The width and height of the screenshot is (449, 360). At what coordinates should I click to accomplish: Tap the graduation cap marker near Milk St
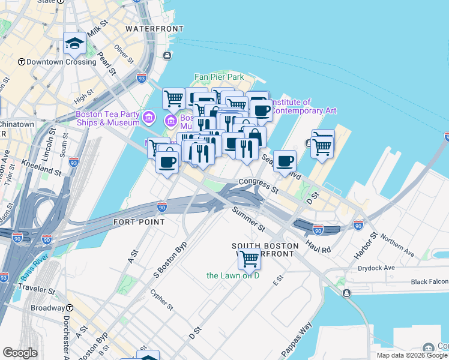74,44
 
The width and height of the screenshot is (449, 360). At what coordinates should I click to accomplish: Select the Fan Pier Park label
219,77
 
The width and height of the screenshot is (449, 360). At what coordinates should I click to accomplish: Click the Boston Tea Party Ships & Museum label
107,119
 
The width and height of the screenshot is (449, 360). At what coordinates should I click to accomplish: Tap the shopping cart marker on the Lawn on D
249,260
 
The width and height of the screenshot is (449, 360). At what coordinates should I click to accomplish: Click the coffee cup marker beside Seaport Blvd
285,161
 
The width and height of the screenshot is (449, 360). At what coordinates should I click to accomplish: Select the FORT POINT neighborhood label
139,222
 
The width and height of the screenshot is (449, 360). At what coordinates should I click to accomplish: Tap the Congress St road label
259,185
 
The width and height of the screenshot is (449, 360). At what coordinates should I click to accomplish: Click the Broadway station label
47,308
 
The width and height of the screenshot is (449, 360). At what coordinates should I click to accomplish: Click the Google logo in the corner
20,353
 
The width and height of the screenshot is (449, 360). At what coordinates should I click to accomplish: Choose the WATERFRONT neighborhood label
154,28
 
